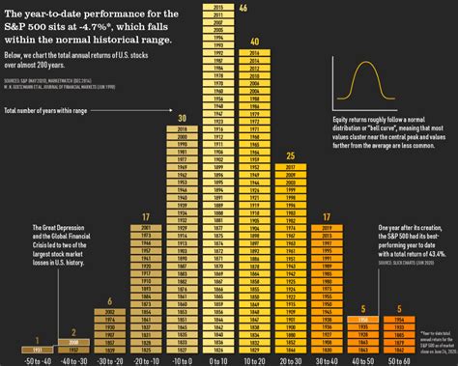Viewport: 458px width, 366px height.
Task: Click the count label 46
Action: pyautogui.click(x=243, y=8)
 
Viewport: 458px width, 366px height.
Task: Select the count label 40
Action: pyautogui.click(x=254, y=42)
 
